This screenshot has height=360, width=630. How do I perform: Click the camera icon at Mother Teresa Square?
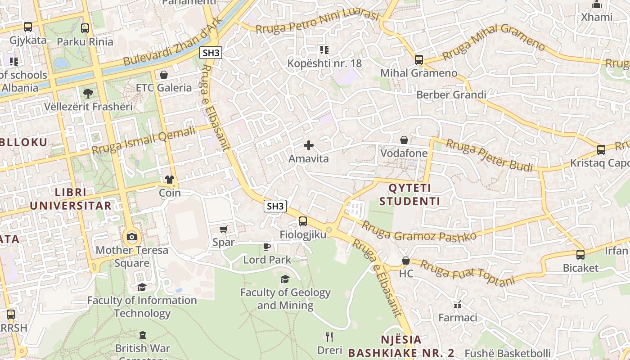pos(131,237)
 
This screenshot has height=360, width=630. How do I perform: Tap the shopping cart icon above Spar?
pos(223,229)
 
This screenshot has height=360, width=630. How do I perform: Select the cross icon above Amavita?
pos(309,145)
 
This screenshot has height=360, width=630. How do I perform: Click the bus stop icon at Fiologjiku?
pos(303,221)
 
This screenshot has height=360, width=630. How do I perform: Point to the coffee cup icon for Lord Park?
pos(267,246)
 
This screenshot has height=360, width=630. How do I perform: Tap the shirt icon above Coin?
pos(170,180)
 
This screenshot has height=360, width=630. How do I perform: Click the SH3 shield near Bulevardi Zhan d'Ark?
pos(211,53)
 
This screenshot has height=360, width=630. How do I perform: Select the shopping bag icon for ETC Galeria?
pos(164,74)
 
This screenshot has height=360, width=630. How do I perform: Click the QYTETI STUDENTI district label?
pos(409,194)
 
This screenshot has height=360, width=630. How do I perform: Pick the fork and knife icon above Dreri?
pos(329,337)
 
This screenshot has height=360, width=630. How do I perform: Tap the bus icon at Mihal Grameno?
pos(419,59)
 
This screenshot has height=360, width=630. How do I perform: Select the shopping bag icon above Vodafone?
pos(404,140)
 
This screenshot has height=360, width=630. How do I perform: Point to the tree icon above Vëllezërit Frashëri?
pos(88,93)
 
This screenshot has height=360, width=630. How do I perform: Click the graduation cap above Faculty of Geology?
pos(285,279)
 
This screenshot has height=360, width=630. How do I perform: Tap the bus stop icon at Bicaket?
pos(580,254)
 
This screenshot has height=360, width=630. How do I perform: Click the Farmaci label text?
pos(458,318)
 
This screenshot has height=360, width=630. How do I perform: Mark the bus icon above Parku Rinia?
pos(85,28)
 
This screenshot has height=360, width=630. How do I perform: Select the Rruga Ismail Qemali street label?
pos(144,140)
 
